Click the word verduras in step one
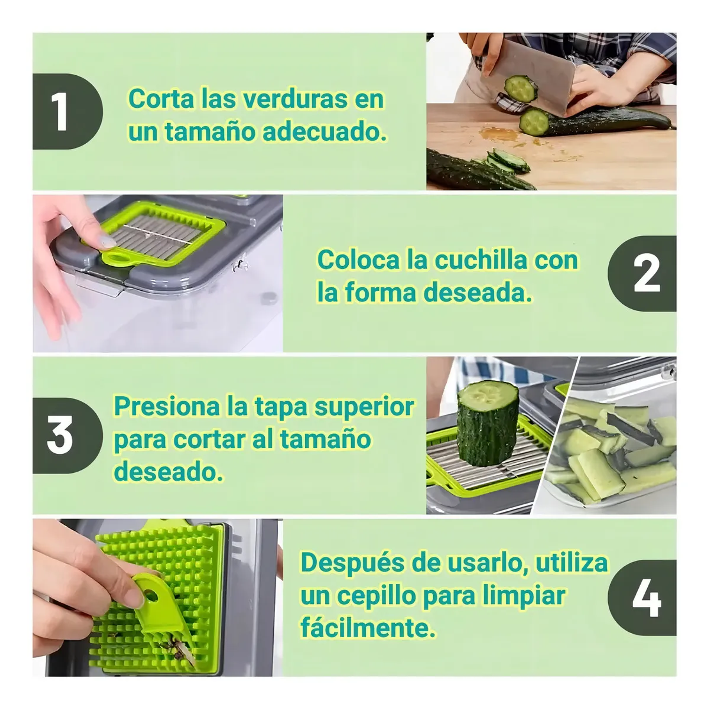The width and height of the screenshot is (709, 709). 295,99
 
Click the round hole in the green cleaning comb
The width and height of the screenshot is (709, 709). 151,596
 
